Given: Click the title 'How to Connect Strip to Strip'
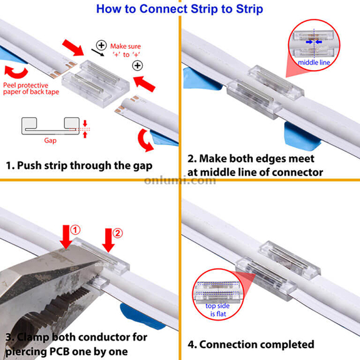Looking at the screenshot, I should coord(180,9).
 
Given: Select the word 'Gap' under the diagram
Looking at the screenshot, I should coord(50,141).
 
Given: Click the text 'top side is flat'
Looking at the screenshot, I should coord(217,309).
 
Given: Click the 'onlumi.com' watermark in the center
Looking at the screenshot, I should coord(180,180).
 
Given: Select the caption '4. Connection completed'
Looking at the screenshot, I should coord(251,344).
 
